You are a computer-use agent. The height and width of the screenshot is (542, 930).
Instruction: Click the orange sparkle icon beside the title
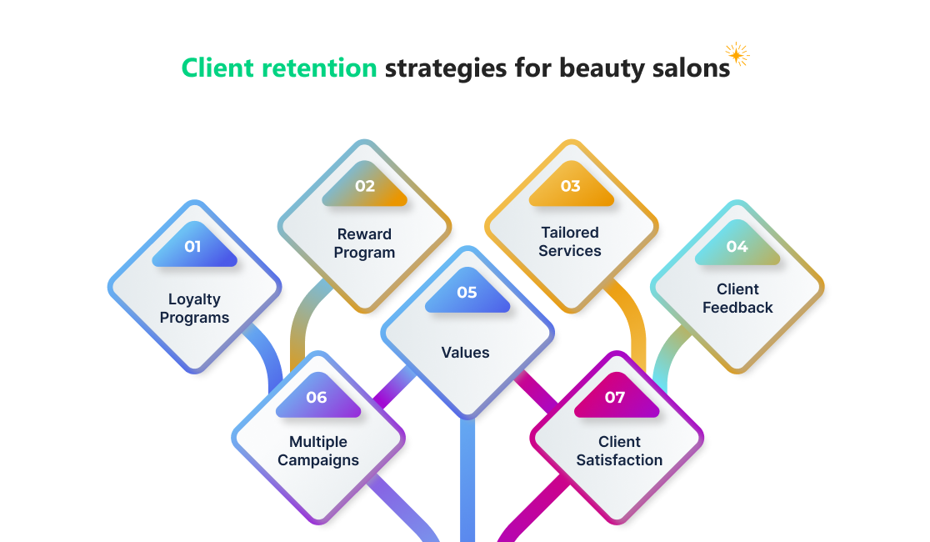point(737,54)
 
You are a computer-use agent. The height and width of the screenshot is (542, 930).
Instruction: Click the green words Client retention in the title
point(279,68)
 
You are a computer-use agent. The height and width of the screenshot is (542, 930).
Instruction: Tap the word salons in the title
point(690,68)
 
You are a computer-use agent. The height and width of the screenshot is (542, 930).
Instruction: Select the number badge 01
point(193,248)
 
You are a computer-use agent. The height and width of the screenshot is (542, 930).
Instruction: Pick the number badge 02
point(365,187)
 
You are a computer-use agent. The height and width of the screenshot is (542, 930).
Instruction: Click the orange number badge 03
point(570,187)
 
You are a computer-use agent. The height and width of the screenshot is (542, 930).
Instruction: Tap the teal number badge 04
point(737,248)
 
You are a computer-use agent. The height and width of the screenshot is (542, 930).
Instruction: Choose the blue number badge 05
point(467,294)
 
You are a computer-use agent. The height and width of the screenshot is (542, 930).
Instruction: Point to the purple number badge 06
point(317,399)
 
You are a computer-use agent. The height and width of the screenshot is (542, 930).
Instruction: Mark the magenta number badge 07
point(615,399)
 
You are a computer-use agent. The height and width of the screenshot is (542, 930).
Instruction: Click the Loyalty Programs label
point(194,308)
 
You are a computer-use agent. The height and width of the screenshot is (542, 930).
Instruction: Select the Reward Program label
point(364,243)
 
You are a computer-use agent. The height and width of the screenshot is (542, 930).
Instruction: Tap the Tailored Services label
point(570,241)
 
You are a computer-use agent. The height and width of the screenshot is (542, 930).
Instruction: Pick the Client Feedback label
point(737,299)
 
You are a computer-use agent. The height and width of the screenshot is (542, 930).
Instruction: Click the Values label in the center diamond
point(466,353)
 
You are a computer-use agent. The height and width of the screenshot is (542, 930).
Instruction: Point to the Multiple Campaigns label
point(318,451)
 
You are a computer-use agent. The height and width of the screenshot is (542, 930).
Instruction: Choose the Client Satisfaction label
point(619,451)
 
